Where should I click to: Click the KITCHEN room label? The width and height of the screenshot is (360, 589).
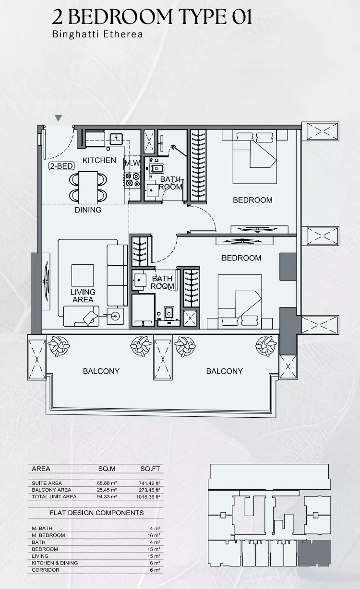point(99,160)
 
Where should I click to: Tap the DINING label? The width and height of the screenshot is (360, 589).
point(88,210)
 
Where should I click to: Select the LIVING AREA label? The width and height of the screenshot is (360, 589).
point(83,296)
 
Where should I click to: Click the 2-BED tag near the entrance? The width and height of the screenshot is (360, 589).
point(61,166)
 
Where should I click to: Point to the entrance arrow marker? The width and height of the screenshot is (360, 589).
point(59,118)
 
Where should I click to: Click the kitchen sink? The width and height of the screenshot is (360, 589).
point(116,139)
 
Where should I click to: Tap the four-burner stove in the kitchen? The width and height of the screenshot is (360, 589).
point(132,179)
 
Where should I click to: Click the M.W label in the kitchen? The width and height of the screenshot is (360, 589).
point(132,163)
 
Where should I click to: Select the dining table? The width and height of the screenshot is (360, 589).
point(88,187)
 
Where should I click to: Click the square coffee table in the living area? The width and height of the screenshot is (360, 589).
point(83,275)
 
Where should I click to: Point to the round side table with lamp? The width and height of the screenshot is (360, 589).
point(115,316)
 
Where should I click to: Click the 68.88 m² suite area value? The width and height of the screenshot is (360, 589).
point(107,483)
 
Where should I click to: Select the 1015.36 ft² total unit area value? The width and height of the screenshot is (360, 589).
point(148,497)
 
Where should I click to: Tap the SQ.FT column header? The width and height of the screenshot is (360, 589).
point(150,468)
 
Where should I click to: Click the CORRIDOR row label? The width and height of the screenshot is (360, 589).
point(46,570)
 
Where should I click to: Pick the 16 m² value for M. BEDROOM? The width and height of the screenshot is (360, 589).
point(154,535)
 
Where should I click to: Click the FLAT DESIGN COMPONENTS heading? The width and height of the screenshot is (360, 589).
point(96,512)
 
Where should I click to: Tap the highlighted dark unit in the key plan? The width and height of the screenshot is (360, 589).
point(314,553)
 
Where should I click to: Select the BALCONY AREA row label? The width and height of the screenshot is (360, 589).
point(51,490)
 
